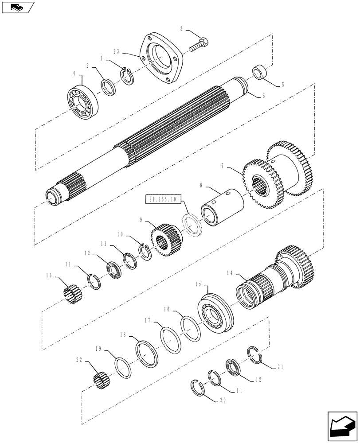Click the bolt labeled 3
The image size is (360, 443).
(200, 45)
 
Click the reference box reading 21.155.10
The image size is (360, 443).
(162, 200)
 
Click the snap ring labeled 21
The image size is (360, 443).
(254, 354)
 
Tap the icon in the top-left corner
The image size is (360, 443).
(17, 7)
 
